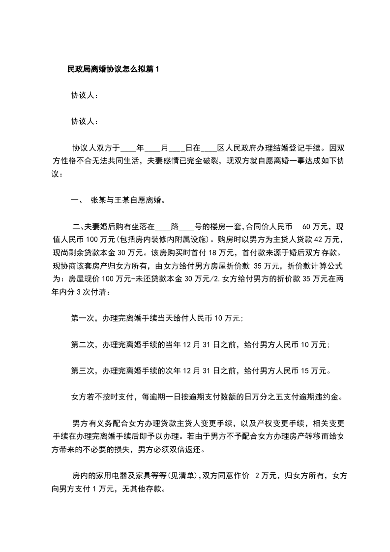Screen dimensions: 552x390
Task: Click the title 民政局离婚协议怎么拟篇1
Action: pyautogui.click(x=113, y=70)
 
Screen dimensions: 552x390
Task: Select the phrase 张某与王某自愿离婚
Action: pyautogui.click(x=126, y=200)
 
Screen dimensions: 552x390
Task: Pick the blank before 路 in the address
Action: pyautogui.click(x=162, y=227)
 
